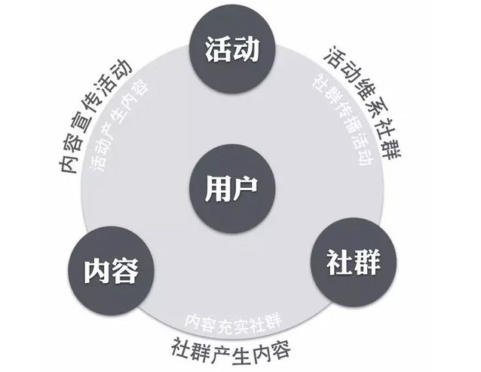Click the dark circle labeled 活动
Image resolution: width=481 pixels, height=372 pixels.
click(232, 50)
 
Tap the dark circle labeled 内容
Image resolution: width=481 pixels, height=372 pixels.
click(111, 271)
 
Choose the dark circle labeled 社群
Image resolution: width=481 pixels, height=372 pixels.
click(354, 263)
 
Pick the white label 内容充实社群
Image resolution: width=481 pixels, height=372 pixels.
click(232, 324)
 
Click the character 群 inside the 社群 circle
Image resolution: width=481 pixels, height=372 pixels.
click(367, 263)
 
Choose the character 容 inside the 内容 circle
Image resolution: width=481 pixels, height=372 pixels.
click(124, 271)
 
